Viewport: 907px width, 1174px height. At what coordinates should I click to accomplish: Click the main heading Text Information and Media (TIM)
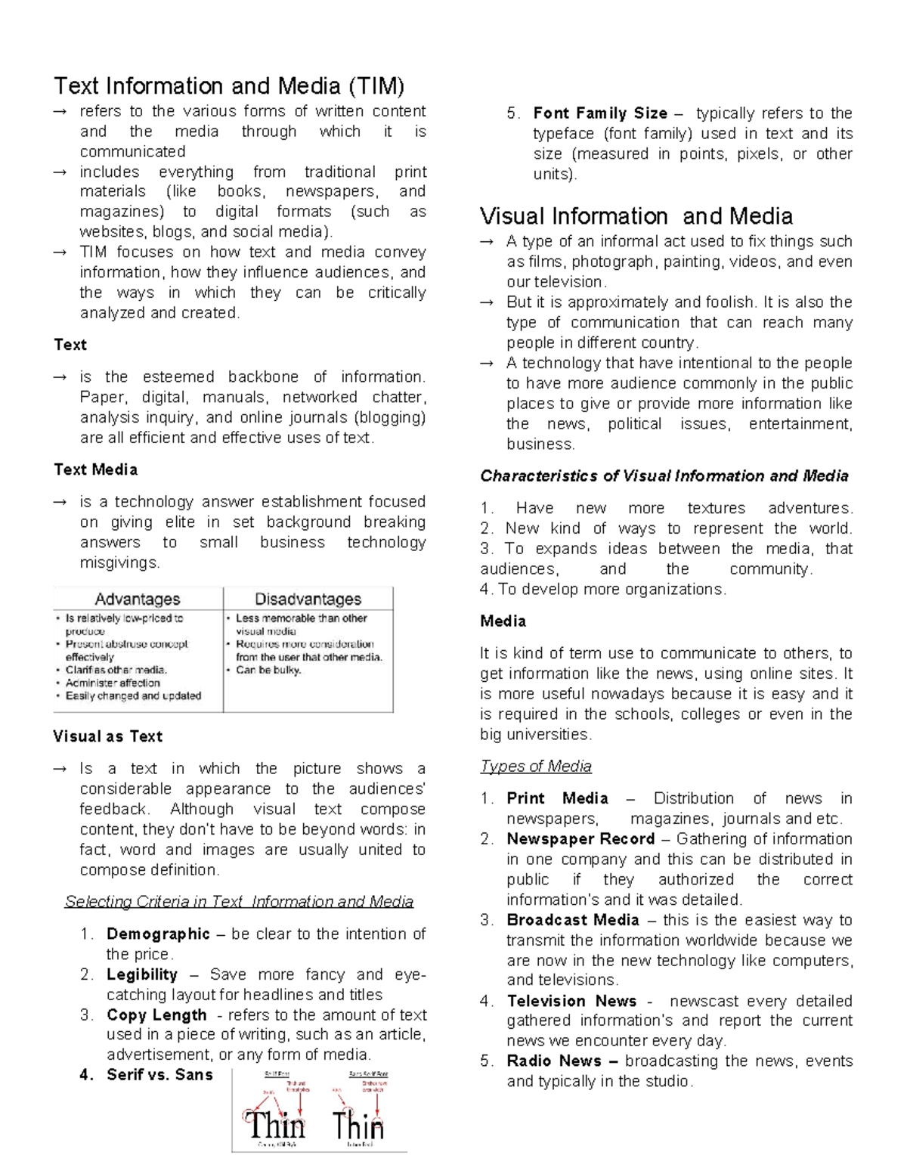click(x=229, y=86)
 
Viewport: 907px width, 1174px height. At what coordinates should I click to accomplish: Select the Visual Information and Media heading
click(x=636, y=216)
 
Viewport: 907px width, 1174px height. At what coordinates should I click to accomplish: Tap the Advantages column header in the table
click(x=138, y=599)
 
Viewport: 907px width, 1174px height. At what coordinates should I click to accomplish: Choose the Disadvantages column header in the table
click(x=308, y=599)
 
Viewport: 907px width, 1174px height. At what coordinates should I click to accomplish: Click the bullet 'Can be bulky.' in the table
click(x=268, y=670)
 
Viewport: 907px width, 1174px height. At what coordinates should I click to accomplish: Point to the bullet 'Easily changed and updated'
click(x=133, y=695)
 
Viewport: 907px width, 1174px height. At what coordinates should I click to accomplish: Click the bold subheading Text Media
click(x=95, y=469)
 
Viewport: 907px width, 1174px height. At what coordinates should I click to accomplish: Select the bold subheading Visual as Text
click(x=107, y=736)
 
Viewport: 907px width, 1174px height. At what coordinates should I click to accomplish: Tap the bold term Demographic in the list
click(x=158, y=934)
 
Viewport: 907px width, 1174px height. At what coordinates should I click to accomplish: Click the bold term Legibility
click(x=142, y=974)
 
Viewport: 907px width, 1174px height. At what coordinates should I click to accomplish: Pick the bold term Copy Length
click(x=156, y=1014)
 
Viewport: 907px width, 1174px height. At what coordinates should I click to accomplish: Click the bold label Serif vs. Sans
click(x=159, y=1074)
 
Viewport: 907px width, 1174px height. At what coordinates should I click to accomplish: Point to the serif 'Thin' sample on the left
click(x=274, y=1125)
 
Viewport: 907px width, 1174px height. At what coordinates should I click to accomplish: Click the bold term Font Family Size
click(x=600, y=113)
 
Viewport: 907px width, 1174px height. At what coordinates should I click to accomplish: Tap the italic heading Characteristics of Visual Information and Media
click(x=664, y=475)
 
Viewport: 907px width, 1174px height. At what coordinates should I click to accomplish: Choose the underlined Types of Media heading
click(x=535, y=766)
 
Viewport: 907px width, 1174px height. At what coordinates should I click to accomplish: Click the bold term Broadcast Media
click(x=573, y=920)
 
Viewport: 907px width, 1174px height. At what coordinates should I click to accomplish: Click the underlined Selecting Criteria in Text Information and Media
click(x=239, y=901)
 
